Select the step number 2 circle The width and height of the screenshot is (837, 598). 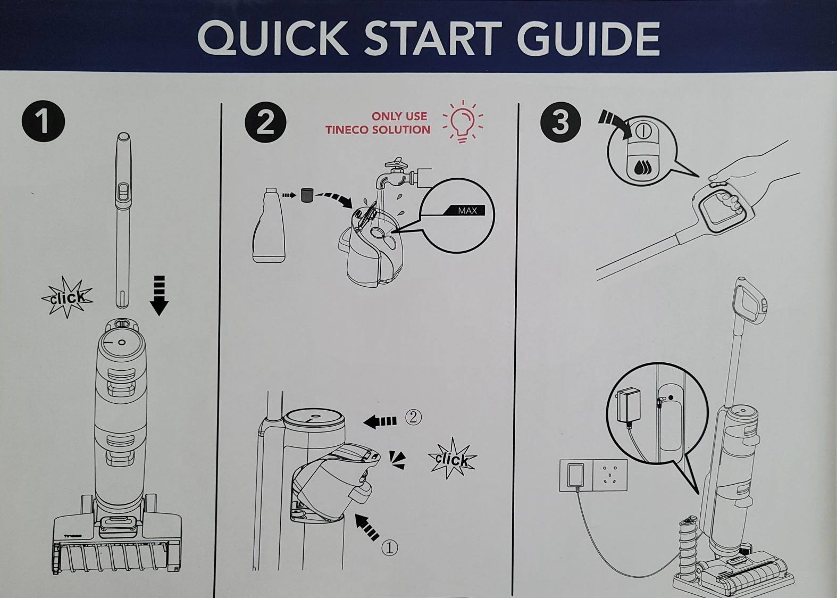(x=265, y=122)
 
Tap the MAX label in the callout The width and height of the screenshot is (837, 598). (x=467, y=211)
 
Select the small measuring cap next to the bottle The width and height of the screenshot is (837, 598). (x=307, y=195)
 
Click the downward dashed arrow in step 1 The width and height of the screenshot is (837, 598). (x=159, y=295)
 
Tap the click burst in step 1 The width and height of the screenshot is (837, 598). (x=67, y=297)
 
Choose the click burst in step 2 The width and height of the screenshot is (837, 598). (x=452, y=458)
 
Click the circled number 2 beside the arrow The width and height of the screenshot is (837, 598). (x=413, y=417)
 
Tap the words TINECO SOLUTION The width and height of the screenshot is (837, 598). (x=378, y=130)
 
